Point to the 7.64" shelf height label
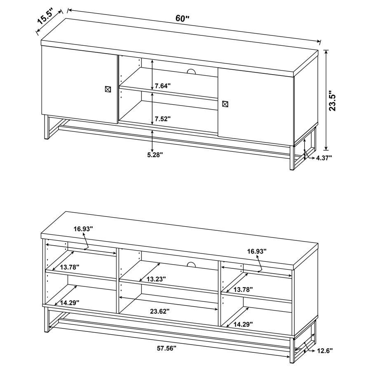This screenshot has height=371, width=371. point(162,86)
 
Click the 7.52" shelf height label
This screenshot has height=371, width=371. point(162,118)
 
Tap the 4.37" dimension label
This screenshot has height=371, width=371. point(324,157)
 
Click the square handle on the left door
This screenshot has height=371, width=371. point(108,89)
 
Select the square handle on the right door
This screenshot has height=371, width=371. point(224,104)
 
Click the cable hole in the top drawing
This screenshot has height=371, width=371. point(190,72)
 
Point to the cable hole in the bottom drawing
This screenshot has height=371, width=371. point(190,264)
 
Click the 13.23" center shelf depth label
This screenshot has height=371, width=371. point(156,279)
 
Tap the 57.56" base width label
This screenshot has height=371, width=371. point(166,348)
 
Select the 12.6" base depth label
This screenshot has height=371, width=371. point(325,351)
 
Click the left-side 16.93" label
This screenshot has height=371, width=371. point(84,228)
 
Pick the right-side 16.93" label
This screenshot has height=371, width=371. point(257,251)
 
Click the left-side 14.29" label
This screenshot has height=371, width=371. point(69,302)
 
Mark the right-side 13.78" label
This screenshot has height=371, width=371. point(243,289)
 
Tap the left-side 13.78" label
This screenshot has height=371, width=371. point(69,267)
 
